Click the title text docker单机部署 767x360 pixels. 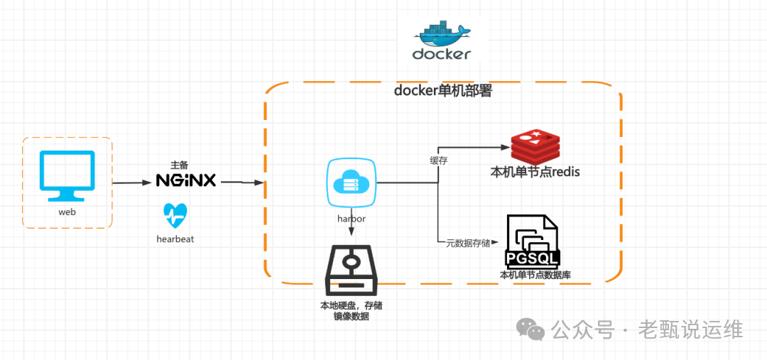[x=442, y=91]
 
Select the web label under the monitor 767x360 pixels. [x=67, y=212]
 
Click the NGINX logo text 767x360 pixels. [x=186, y=180]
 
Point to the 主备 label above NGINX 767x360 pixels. [x=180, y=164]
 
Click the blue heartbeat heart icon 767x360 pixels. [x=175, y=214]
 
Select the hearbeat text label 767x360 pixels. [x=175, y=239]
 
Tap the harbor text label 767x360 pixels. [x=351, y=219]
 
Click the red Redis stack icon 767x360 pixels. [x=536, y=147]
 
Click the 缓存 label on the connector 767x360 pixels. [x=438, y=160]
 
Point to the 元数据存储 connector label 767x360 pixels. [x=468, y=244]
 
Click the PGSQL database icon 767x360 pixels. [x=532, y=241]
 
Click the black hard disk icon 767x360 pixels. [x=352, y=271]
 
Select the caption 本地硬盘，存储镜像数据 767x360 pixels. [x=351, y=311]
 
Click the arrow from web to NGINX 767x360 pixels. [x=133, y=182]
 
